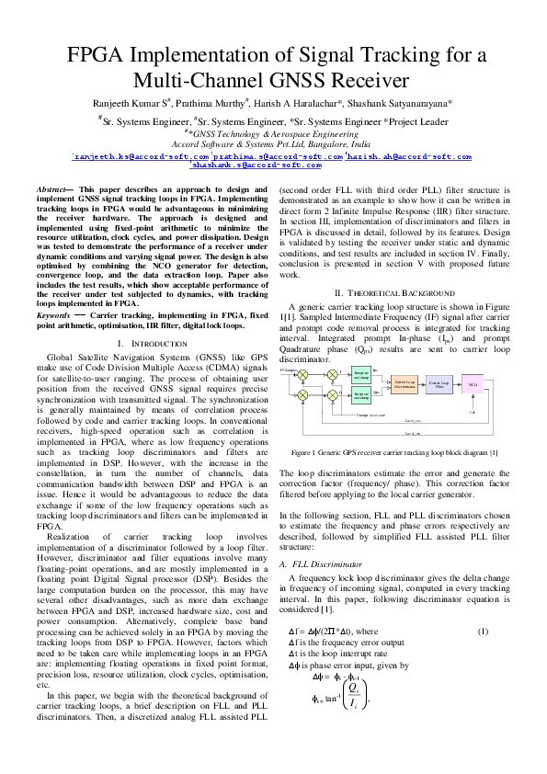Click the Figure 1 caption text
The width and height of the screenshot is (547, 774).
pyautogui.click(x=393, y=452)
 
